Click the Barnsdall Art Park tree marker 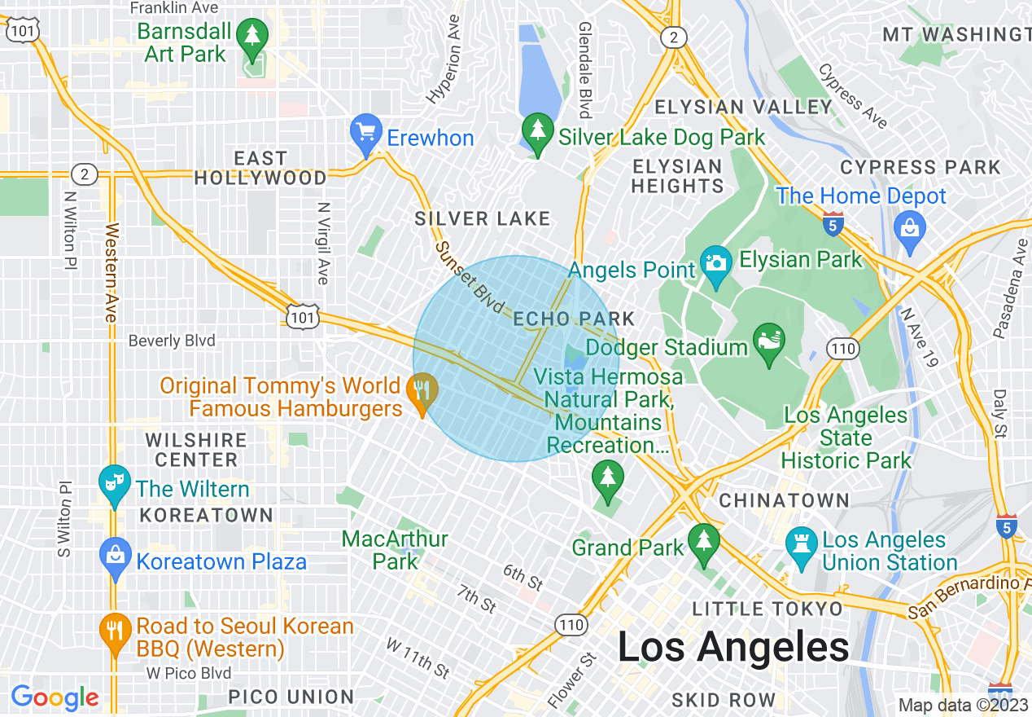(252, 37)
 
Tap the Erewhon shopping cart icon (366, 132)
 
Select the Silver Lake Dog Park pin (537, 132)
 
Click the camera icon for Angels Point (716, 263)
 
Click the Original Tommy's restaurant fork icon (422, 389)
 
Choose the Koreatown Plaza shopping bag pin (115, 556)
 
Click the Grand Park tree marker (704, 541)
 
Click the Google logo (55, 697)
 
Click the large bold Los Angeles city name (733, 648)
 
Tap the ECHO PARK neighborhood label (573, 319)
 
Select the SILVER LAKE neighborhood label (483, 218)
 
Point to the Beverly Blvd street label (172, 341)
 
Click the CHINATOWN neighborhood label (784, 500)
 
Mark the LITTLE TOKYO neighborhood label (767, 609)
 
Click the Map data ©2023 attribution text (963, 705)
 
